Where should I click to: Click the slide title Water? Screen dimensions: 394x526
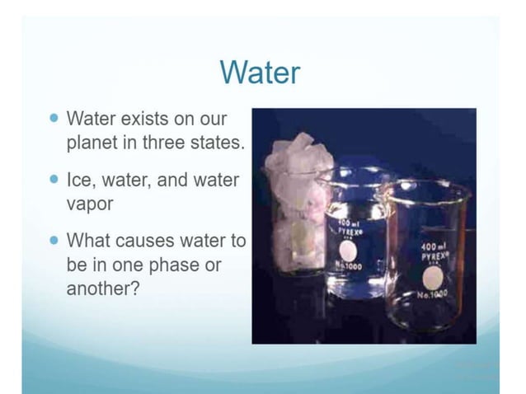click(260, 73)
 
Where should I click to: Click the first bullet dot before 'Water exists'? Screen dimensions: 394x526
click(54, 118)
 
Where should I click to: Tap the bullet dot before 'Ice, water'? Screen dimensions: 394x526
click(54, 179)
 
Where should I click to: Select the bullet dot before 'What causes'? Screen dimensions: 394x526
click(54, 241)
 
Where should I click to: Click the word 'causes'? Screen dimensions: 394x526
click(145, 241)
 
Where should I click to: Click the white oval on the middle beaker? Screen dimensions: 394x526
click(349, 251)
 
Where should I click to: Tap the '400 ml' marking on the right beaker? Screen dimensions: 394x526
click(433, 246)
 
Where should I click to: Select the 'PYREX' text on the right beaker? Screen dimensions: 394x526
click(434, 256)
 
